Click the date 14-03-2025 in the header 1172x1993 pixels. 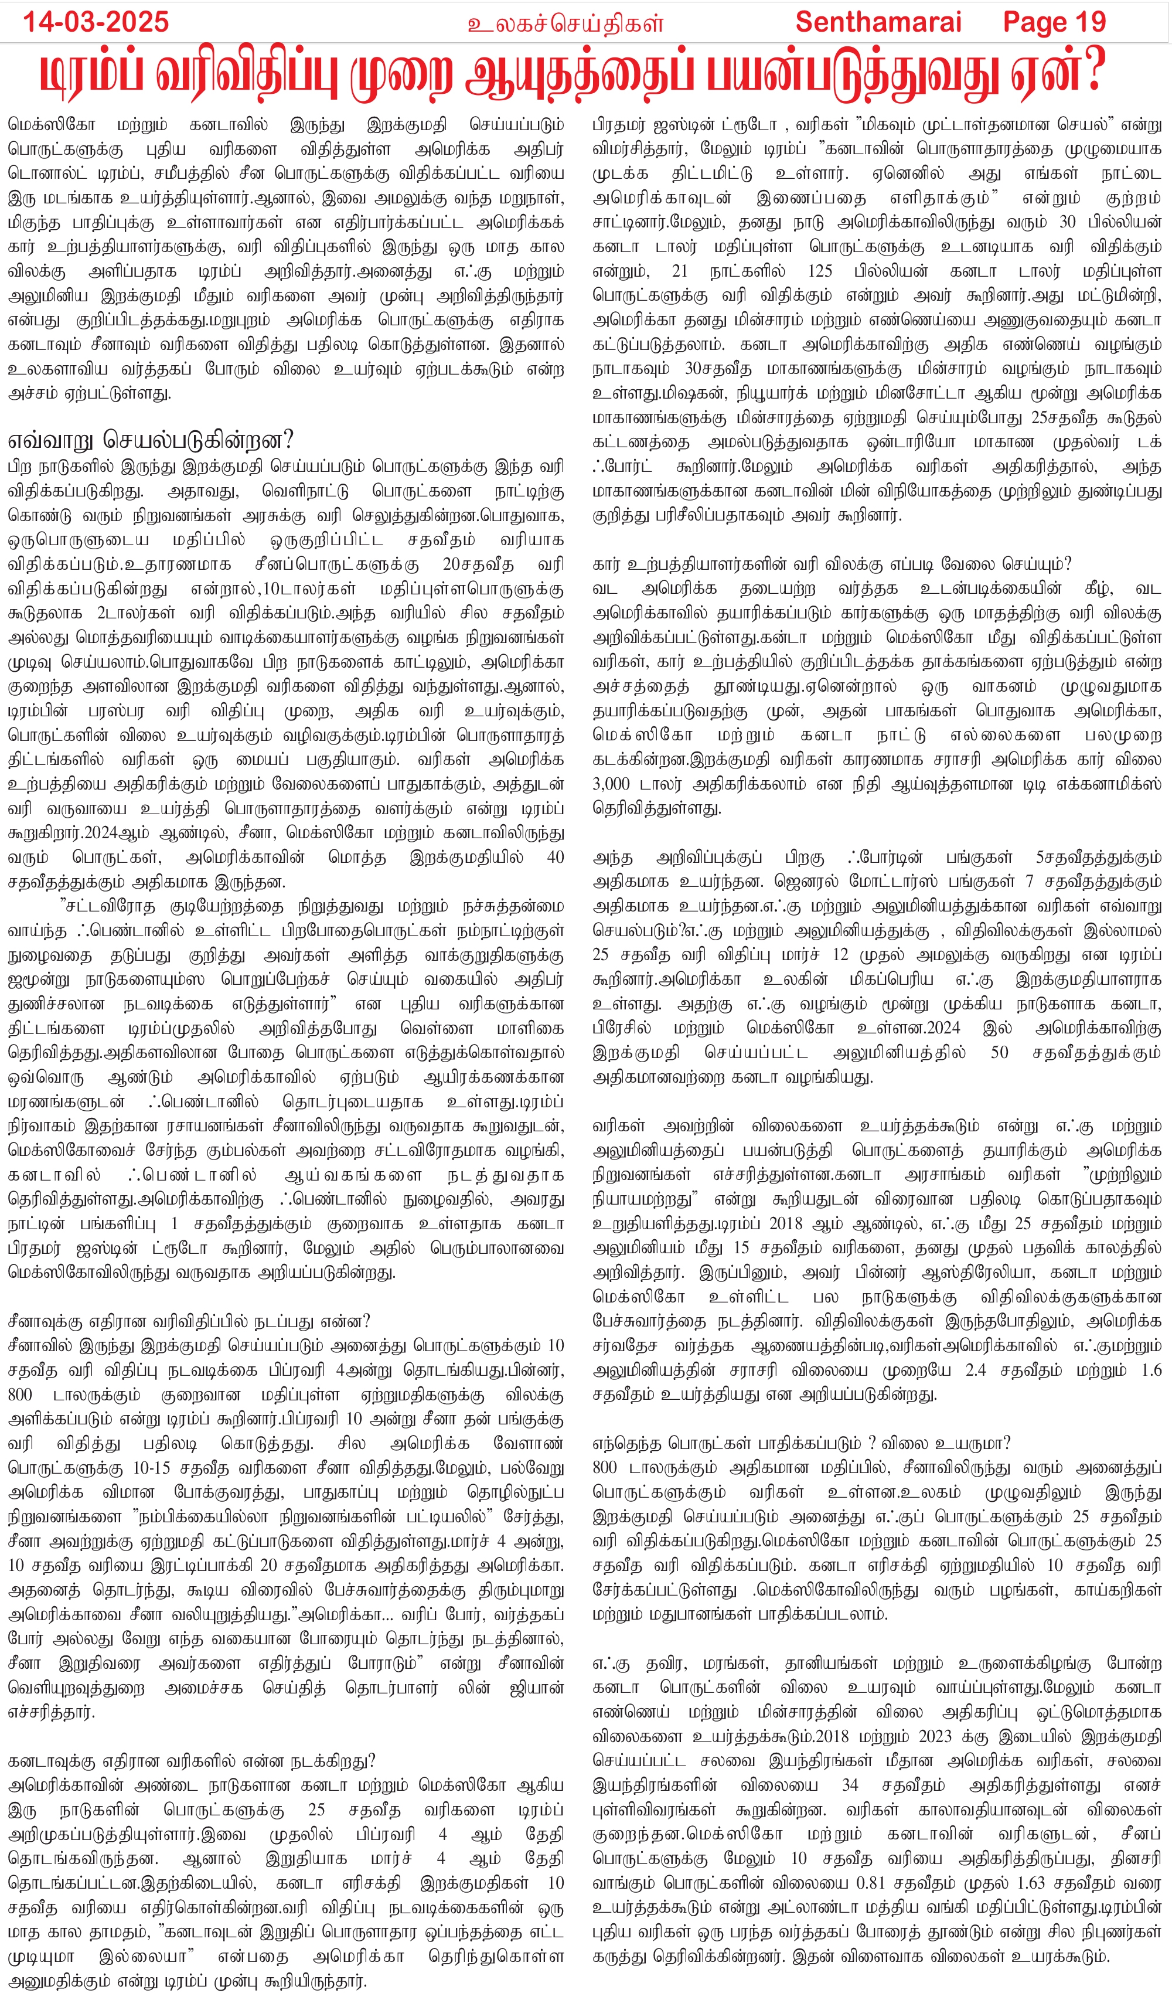tap(96, 21)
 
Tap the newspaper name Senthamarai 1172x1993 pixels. tap(878, 21)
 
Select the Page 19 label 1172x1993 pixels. tap(1054, 21)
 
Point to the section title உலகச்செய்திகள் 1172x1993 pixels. tap(565, 23)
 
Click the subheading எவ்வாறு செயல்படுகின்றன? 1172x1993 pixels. tap(150, 440)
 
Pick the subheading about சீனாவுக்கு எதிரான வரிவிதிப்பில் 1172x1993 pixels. tap(189, 1322)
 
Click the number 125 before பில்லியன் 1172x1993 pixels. tap(819, 271)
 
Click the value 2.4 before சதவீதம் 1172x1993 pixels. tap(977, 1370)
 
